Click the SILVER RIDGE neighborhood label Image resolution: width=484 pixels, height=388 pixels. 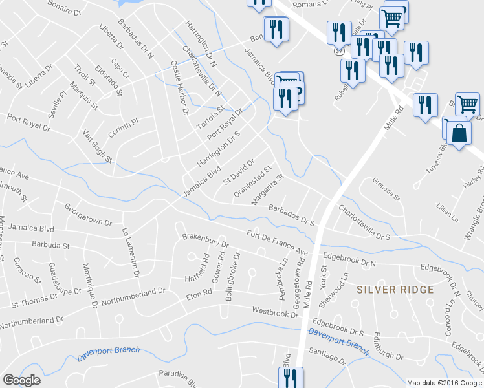point(395,290)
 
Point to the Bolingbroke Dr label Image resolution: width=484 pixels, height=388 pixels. point(232,271)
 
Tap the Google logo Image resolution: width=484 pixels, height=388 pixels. point(21,380)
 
